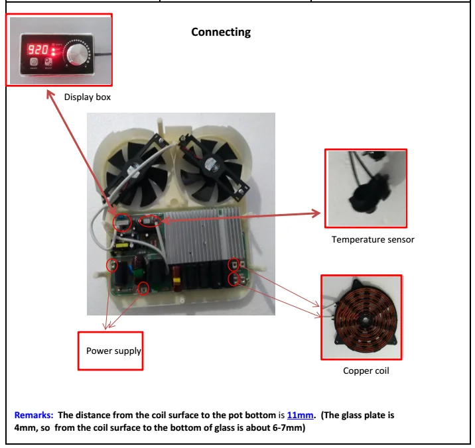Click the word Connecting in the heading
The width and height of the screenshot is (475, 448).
point(221,32)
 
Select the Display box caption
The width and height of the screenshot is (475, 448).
point(87,97)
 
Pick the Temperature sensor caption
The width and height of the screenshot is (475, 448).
point(373,239)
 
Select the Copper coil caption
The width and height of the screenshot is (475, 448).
point(366,370)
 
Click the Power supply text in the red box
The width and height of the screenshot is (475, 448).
point(113,351)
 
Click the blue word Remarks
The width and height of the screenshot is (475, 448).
point(34,416)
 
